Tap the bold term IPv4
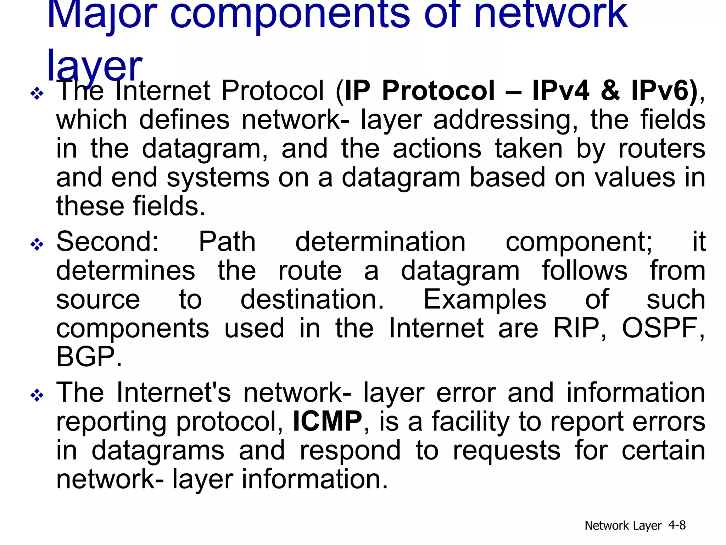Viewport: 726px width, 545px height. pyautogui.click(x=560, y=91)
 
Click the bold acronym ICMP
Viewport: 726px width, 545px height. pyautogui.click(x=327, y=422)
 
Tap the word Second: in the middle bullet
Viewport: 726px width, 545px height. pyautogui.click(x=108, y=242)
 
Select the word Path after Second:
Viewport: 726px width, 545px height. pyautogui.click(x=227, y=242)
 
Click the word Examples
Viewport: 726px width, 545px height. pyautogui.click(x=485, y=300)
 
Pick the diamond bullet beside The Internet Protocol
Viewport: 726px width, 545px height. pyautogui.click(x=37, y=94)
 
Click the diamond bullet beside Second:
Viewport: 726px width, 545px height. pyautogui.click(x=37, y=244)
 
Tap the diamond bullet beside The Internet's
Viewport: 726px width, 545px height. pyautogui.click(x=37, y=395)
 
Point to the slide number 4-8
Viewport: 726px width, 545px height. pyautogui.click(x=677, y=525)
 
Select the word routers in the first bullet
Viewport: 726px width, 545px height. pyautogui.click(x=661, y=149)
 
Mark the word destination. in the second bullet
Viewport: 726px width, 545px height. pyautogui.click(x=312, y=300)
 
